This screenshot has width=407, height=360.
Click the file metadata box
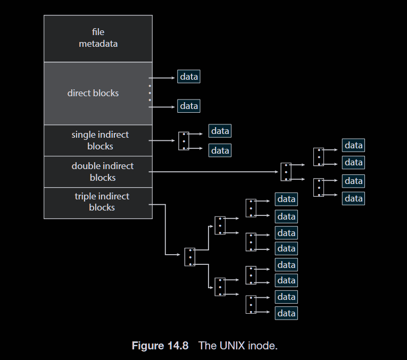click(x=98, y=38)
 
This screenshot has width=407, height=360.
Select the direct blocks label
click(x=93, y=93)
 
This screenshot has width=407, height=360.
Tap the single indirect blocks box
click(x=98, y=140)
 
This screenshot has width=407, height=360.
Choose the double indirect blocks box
click(x=98, y=172)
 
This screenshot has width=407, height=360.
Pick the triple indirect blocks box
click(x=98, y=203)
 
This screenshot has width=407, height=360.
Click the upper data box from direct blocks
click(x=189, y=77)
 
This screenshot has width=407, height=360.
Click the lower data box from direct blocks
click(x=189, y=106)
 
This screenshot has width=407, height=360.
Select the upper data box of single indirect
click(x=220, y=131)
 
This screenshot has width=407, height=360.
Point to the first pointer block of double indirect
click(x=286, y=172)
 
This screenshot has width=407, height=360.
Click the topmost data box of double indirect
click(x=353, y=146)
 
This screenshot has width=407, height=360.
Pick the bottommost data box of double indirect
click(x=353, y=198)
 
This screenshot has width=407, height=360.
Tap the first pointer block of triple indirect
click(x=190, y=257)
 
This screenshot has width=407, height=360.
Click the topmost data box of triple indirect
click(x=286, y=199)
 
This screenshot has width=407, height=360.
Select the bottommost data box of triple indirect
click(x=286, y=313)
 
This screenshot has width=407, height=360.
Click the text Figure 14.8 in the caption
click(x=160, y=346)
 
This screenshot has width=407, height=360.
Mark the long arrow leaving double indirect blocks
click(x=213, y=172)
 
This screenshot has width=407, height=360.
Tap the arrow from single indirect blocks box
click(x=162, y=141)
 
